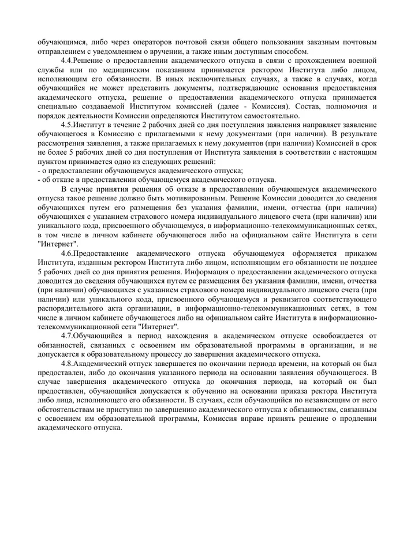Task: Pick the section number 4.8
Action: point(67,365)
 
